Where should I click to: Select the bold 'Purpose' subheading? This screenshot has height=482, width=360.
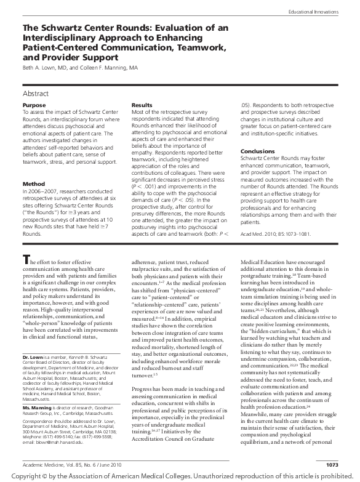tap(34, 105)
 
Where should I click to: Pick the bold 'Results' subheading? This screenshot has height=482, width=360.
tap(142, 105)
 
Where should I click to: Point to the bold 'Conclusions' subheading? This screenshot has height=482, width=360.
tap(258, 151)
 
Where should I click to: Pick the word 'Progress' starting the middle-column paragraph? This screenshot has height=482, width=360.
tap(143, 373)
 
